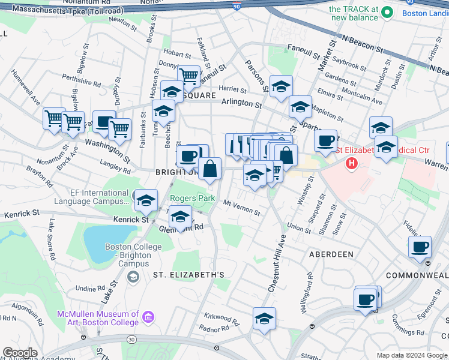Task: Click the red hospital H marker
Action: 352,163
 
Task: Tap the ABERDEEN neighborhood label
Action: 331,254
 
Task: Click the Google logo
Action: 20,353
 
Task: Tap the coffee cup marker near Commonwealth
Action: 420,247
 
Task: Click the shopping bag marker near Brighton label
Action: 209,169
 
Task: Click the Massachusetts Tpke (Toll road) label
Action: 67,11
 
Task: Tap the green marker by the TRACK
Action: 388,12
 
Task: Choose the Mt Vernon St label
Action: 241,208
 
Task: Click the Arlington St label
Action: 241,104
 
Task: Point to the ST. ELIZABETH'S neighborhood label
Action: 188,275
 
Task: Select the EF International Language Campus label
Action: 91,197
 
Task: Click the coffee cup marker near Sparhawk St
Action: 325,142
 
